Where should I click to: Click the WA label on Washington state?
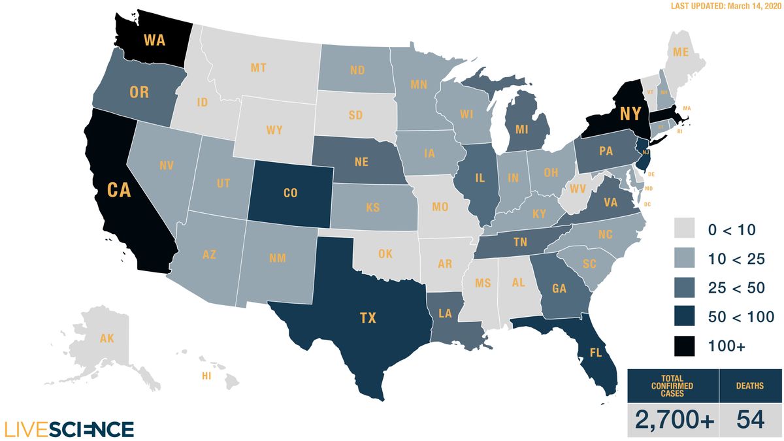[x=154, y=40]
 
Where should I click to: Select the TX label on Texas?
[x=368, y=318]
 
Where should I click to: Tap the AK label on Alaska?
[x=106, y=338]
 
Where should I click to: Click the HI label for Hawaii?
[x=206, y=376]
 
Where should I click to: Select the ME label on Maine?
[x=680, y=52]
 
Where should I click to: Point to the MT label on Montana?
[x=259, y=67]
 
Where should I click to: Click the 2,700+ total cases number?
[x=672, y=419]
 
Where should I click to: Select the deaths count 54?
[x=751, y=419]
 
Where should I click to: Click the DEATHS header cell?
[x=750, y=385]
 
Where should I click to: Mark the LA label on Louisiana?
[x=445, y=314]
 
